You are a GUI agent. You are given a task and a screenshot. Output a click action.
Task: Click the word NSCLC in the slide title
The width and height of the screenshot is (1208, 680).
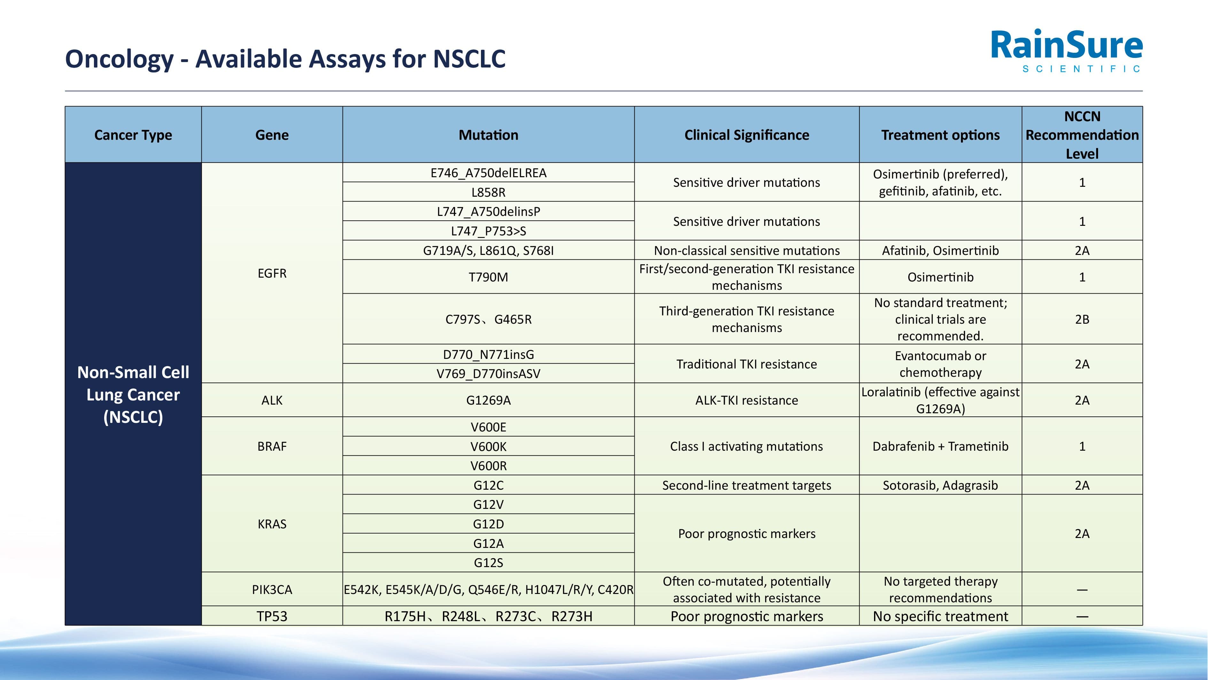tap(469, 59)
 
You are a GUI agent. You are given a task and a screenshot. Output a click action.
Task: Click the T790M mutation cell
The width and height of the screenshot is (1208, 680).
tap(488, 277)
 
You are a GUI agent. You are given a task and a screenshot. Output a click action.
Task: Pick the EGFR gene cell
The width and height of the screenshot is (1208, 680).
tap(272, 273)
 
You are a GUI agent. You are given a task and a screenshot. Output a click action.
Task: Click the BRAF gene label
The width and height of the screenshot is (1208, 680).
tap(272, 446)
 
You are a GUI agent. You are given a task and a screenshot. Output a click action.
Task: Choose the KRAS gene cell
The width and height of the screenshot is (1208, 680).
tap(272, 524)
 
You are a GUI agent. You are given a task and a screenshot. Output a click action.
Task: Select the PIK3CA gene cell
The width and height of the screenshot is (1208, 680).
tap(272, 589)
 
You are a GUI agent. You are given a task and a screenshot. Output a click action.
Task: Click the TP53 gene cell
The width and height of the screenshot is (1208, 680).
tap(272, 616)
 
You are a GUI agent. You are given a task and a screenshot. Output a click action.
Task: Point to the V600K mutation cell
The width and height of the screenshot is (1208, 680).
tap(488, 446)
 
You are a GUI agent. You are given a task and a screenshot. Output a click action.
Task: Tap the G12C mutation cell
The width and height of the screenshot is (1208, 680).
tap(488, 485)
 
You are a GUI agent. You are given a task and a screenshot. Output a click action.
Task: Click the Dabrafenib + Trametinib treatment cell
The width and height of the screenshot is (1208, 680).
tap(940, 446)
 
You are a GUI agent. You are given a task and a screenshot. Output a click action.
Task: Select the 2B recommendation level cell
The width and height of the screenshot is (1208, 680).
tap(1082, 319)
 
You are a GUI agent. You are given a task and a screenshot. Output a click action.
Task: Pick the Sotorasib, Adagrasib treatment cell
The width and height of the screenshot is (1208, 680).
tap(940, 485)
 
